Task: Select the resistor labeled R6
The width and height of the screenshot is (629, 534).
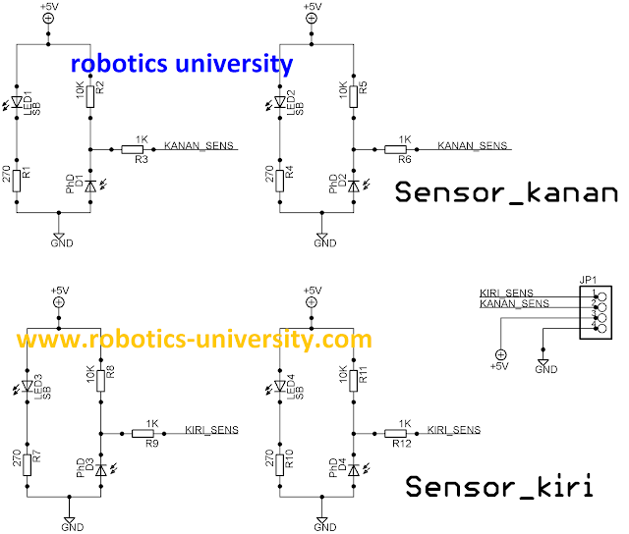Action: (397, 149)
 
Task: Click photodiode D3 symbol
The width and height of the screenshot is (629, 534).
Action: (100, 467)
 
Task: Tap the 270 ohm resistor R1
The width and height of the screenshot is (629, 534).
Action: (18, 178)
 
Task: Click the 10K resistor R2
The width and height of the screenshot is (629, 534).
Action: (89, 95)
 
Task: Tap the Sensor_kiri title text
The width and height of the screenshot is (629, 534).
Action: (500, 486)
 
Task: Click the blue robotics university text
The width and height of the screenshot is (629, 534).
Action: (181, 65)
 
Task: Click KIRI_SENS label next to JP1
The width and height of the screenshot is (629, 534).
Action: (506, 294)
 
